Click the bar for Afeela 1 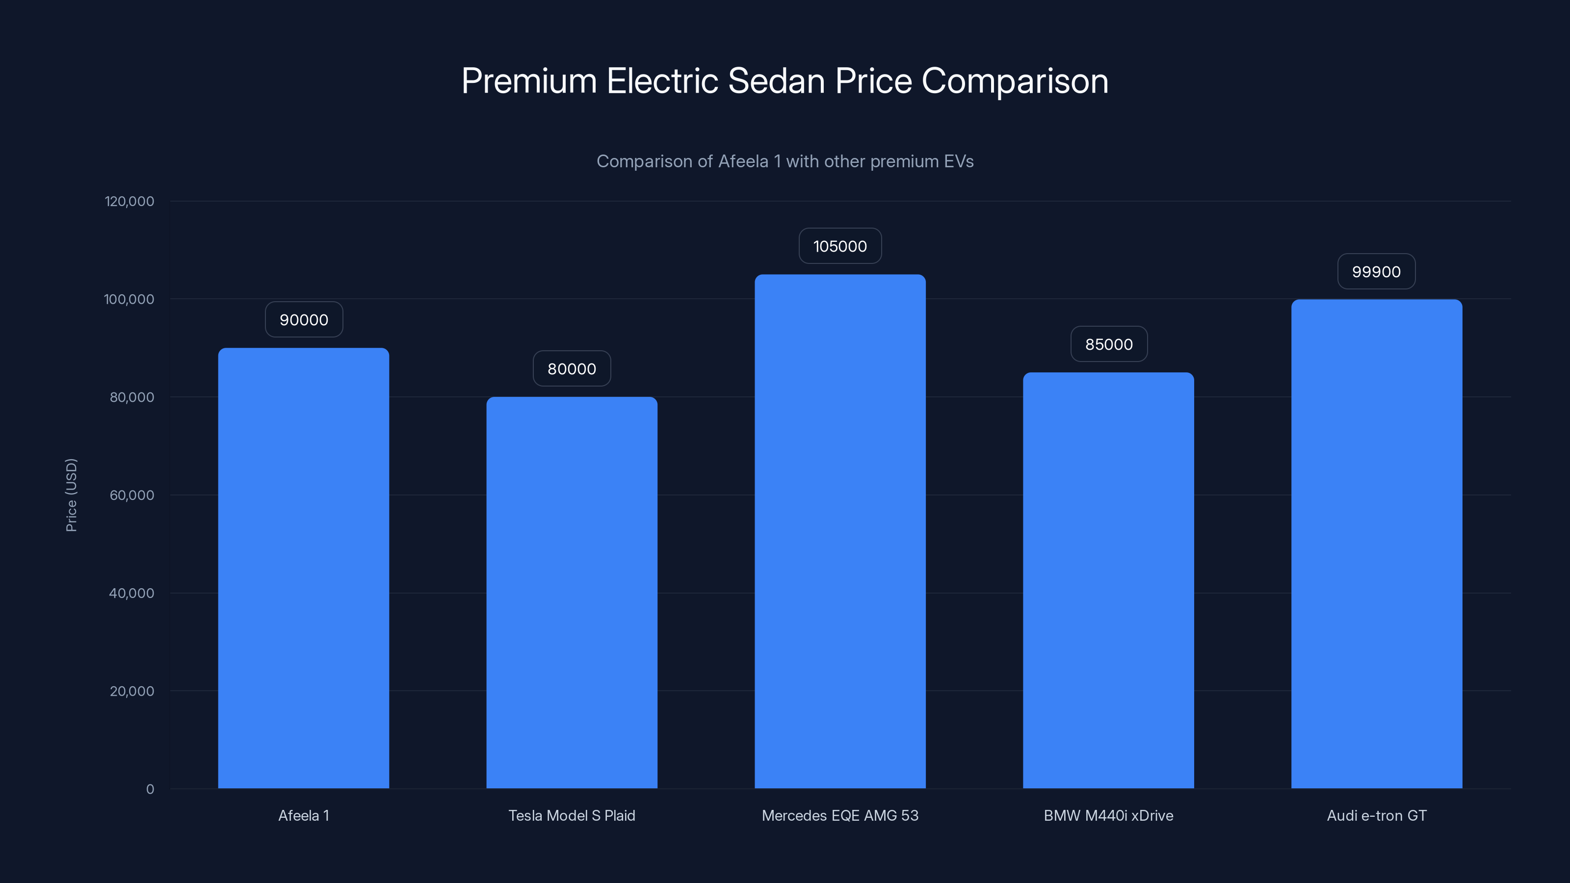(x=304, y=568)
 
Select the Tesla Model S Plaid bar (x=572, y=592)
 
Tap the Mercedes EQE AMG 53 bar (x=840, y=531)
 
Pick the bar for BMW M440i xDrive (x=1108, y=580)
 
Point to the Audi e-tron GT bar (x=1376, y=544)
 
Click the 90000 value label (x=304, y=320)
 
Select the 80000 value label (x=572, y=369)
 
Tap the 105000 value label (x=840, y=246)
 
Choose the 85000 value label (x=1109, y=344)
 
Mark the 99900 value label (x=1376, y=272)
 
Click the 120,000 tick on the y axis (x=129, y=201)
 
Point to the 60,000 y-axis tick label (x=131, y=495)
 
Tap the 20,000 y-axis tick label (x=131, y=691)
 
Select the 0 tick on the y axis (x=150, y=789)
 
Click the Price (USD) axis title (x=71, y=495)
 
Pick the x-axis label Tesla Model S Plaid (x=572, y=815)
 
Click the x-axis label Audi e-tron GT (x=1376, y=815)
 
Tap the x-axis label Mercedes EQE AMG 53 (x=840, y=815)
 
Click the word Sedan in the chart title (x=777, y=81)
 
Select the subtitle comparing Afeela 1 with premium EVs (x=785, y=161)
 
